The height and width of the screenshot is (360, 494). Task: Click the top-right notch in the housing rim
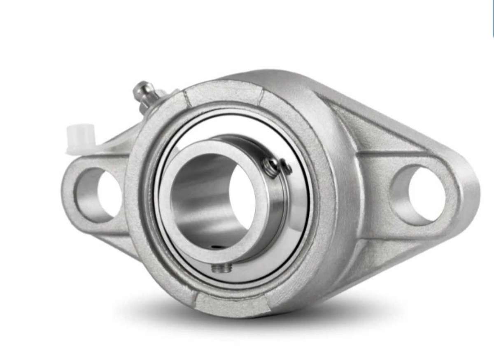click(x=261, y=95)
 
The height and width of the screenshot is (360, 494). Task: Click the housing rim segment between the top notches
click(x=224, y=91)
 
